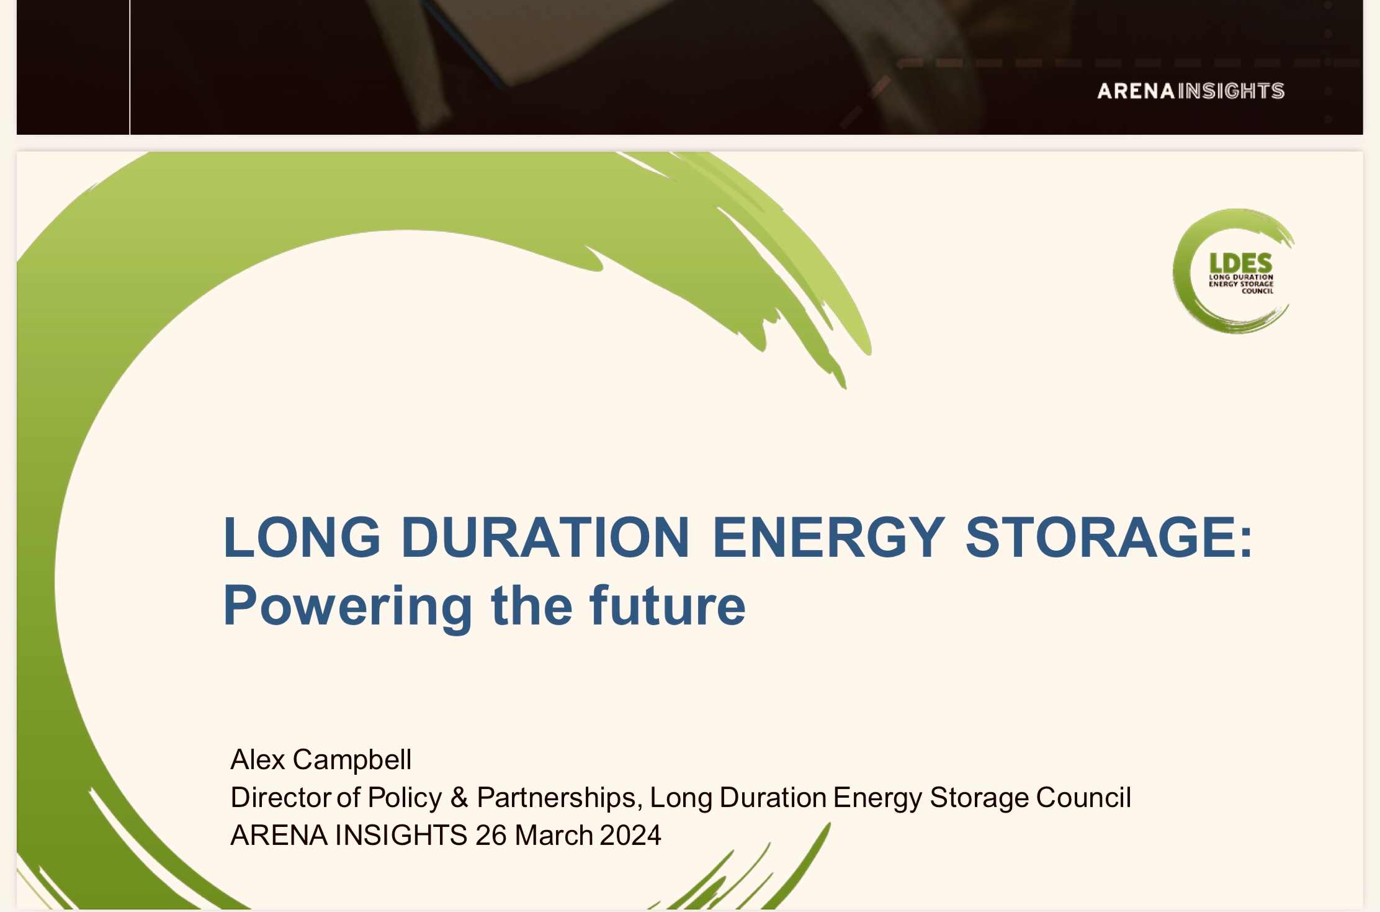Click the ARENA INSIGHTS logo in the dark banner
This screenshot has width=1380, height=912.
pyautogui.click(x=1191, y=91)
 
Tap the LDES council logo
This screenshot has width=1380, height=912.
pyautogui.click(x=1234, y=271)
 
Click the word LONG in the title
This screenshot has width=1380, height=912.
pyautogui.click(x=302, y=537)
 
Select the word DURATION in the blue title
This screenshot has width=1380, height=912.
pyautogui.click(x=545, y=537)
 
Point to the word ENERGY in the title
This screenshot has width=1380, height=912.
pyautogui.click(x=829, y=537)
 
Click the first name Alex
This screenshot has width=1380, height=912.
pyautogui.click(x=258, y=759)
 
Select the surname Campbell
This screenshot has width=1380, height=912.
pyautogui.click(x=352, y=760)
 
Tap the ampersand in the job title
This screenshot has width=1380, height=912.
pyautogui.click(x=459, y=798)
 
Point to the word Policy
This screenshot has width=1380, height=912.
pyautogui.click(x=405, y=798)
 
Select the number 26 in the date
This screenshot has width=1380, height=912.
pyautogui.click(x=491, y=836)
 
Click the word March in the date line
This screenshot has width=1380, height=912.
pyautogui.click(x=554, y=836)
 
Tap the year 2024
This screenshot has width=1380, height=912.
pyautogui.click(x=630, y=836)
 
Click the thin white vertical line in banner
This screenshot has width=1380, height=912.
pyautogui.click(x=130, y=67)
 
